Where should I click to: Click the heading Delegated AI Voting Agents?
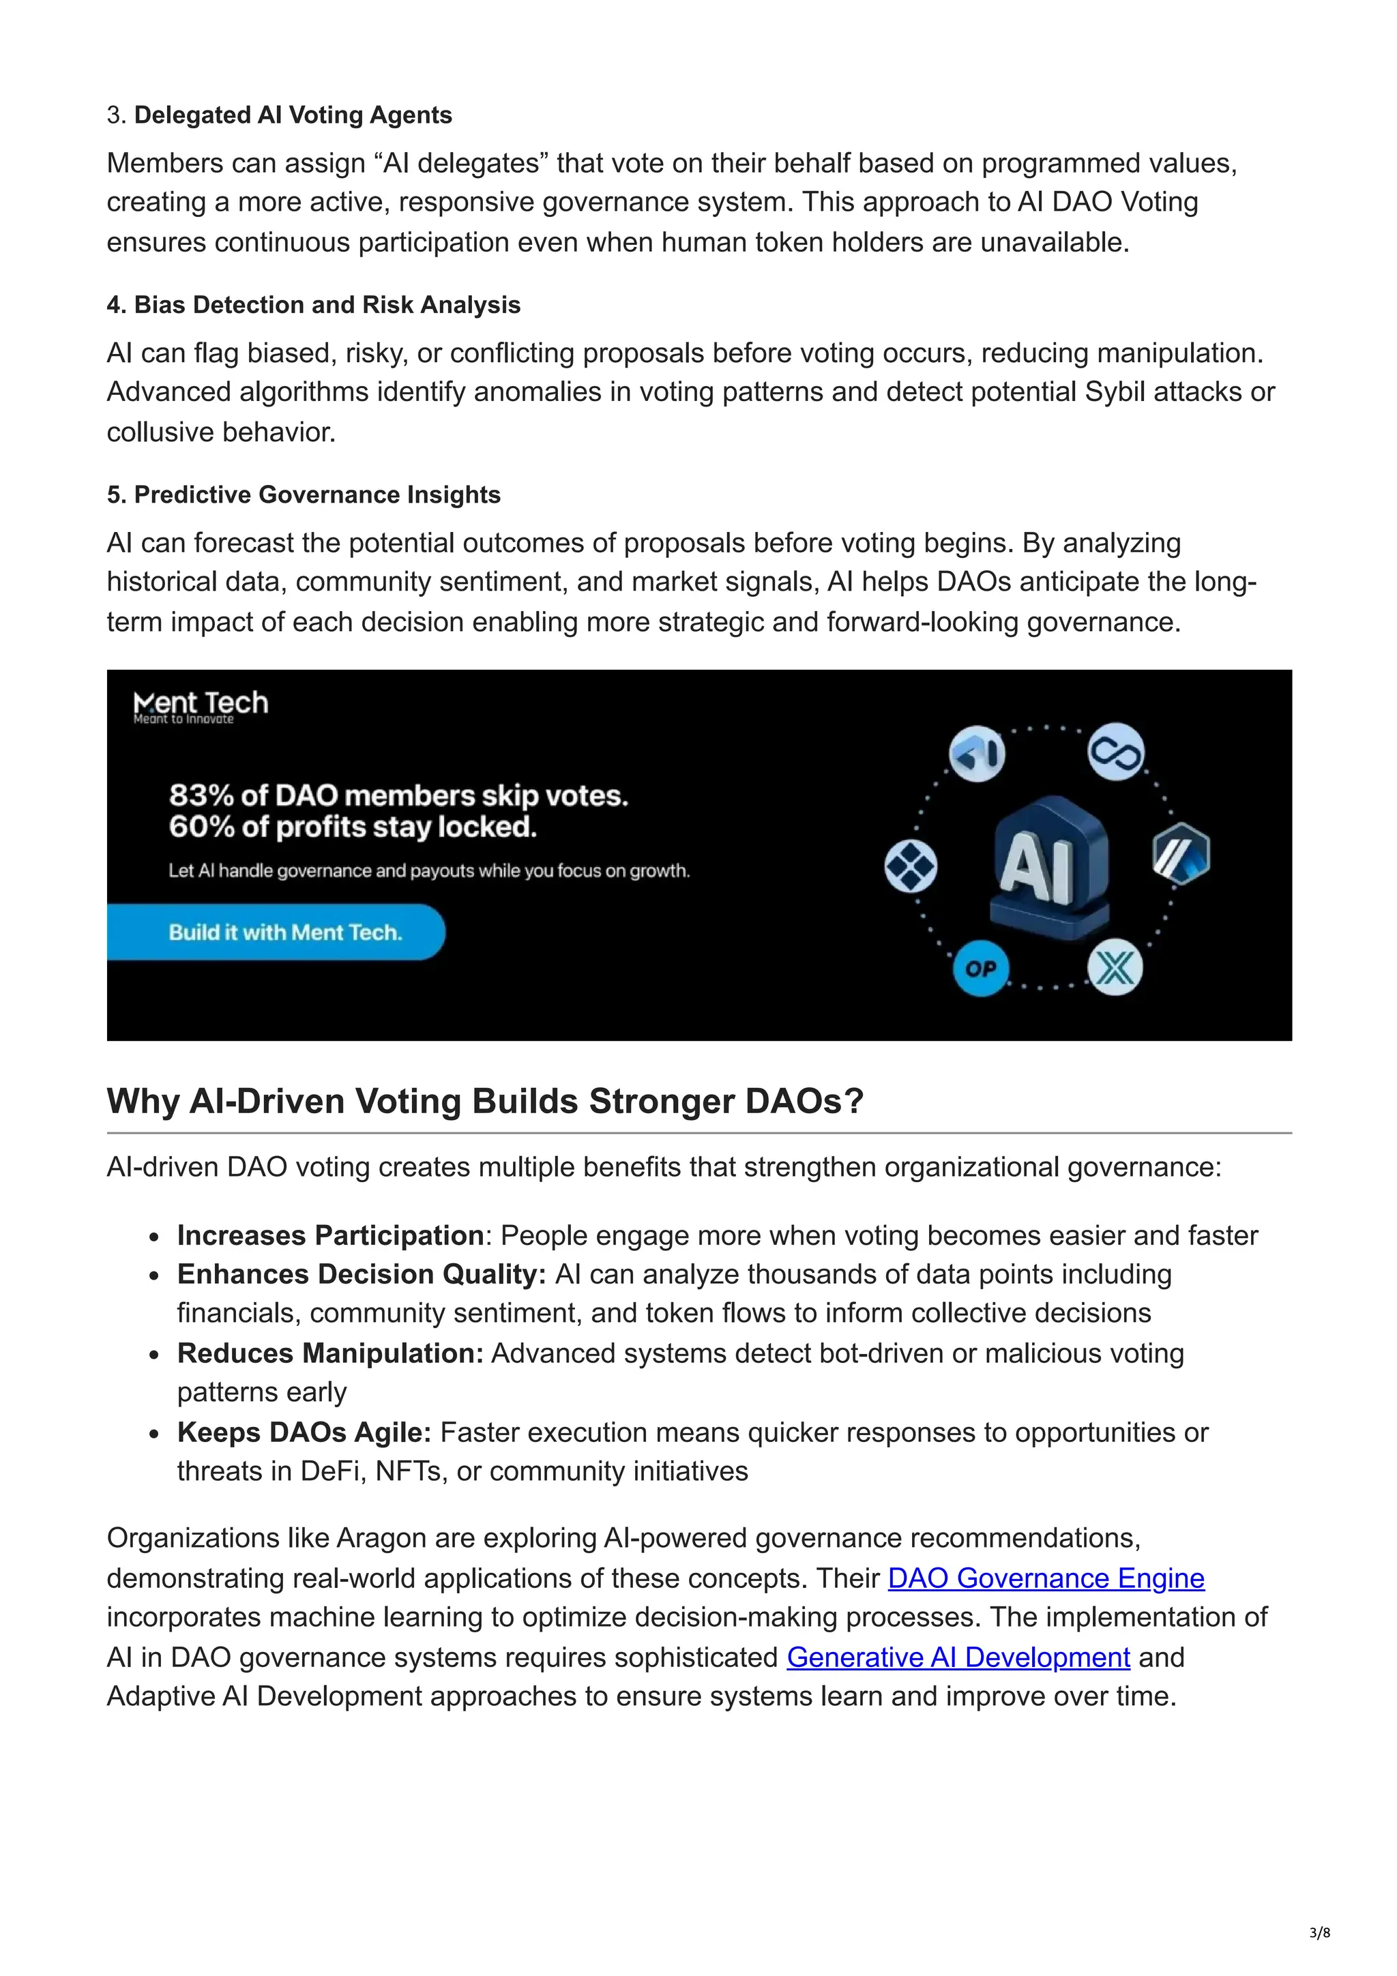click(x=293, y=115)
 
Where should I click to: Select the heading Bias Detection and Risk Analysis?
click(x=327, y=305)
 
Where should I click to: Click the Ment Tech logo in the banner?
click(x=201, y=706)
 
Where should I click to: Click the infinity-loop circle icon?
click(x=1117, y=753)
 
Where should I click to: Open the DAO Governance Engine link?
click(x=1046, y=1578)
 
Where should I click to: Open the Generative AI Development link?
click(x=958, y=1657)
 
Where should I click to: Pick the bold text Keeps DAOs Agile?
click(x=304, y=1433)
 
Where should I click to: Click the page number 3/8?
click(x=1319, y=1933)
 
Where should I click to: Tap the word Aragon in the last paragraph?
click(x=381, y=1538)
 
